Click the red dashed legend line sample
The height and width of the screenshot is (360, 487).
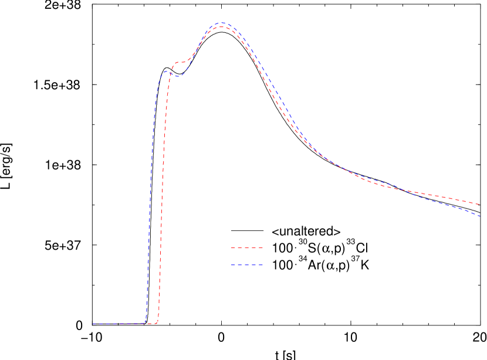(x=246, y=248)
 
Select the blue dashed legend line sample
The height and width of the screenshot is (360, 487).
(x=246, y=265)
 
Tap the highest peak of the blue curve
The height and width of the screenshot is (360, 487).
(x=222, y=23)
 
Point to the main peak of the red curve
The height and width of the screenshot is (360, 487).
(x=222, y=27)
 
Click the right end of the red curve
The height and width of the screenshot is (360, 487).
(x=480, y=205)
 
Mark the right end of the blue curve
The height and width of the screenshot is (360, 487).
(x=480, y=216)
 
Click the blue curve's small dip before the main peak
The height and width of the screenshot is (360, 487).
(x=179, y=76)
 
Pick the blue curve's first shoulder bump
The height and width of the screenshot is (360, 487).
(x=166, y=72)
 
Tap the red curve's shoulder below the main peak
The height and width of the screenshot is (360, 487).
(x=180, y=62)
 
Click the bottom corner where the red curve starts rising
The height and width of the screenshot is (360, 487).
(x=157, y=322)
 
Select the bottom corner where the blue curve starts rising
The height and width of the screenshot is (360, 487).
(x=146, y=322)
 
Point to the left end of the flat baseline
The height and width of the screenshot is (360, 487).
(x=93, y=324)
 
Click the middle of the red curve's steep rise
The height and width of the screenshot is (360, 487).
(x=163, y=193)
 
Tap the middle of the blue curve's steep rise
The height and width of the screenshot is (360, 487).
(x=151, y=193)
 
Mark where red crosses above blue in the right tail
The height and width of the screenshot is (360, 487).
(x=405, y=191)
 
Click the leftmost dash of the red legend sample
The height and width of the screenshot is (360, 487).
(x=233, y=248)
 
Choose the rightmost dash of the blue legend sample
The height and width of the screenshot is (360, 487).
(x=260, y=265)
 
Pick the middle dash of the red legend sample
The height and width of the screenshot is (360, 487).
(x=246, y=248)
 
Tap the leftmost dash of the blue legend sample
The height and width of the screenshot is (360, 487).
(x=233, y=265)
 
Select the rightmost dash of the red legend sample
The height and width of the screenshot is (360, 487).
(x=260, y=248)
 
